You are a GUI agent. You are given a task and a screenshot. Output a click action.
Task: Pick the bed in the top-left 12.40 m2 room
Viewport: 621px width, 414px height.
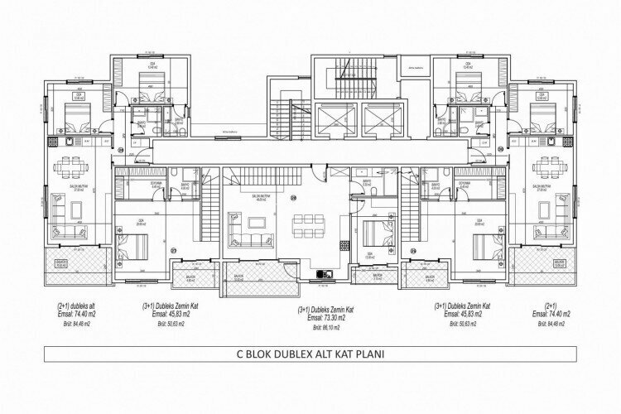(150, 83)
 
